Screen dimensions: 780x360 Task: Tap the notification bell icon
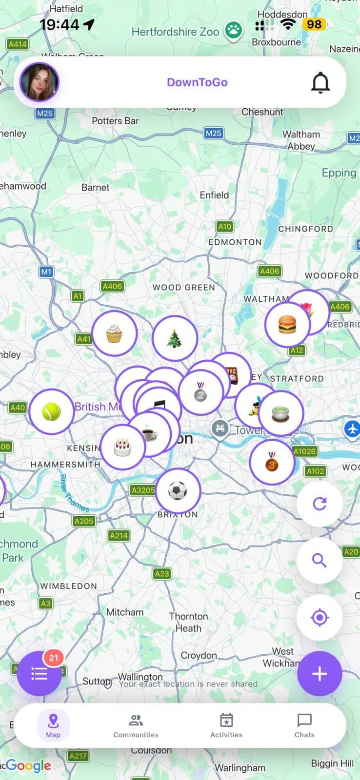point(320,82)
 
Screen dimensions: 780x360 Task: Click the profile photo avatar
point(39,82)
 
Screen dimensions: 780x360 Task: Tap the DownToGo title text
point(197,82)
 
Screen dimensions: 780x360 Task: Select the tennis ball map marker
point(51,412)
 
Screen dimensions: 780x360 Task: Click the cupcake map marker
point(114,333)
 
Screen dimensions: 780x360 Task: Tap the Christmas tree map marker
point(174,338)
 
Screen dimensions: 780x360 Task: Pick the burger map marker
point(287,324)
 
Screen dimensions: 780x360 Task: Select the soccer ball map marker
point(178,491)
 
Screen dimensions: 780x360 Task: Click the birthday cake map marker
point(122,447)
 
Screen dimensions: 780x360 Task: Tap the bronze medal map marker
point(272,462)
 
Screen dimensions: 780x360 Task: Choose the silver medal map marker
point(200,392)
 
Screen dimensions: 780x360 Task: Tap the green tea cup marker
point(280,413)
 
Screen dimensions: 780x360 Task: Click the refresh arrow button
point(320,504)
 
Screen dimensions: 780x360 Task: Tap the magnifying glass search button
point(320,561)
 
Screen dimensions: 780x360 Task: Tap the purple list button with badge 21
point(39,674)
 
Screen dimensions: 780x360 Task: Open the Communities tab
point(136,725)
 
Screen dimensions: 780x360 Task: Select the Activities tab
point(226,725)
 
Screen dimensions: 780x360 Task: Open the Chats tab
point(304,725)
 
